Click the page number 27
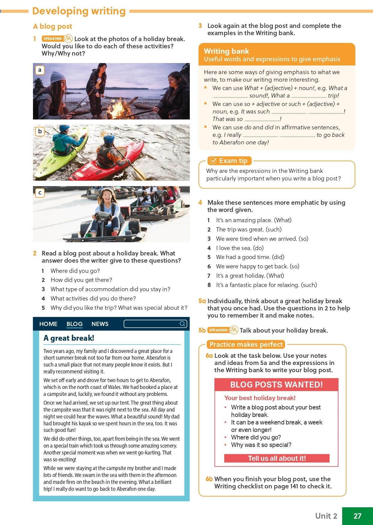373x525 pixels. pos(357,516)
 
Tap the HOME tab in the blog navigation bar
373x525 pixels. pos(48,324)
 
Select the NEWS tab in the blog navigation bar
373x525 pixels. pos(100,324)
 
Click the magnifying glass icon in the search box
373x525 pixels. pos(182,324)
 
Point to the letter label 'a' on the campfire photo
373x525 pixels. pos(40,70)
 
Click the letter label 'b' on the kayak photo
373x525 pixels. pos(40,131)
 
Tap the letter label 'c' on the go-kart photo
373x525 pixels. pos(40,193)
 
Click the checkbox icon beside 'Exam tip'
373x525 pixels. pos(213,161)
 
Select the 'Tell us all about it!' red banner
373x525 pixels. pos(276,458)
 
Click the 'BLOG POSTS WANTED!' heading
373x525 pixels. pos(276,385)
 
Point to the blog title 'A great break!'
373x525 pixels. pos(69,338)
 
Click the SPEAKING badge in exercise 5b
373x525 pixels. pos(218,330)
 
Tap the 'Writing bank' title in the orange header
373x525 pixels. pos(226,51)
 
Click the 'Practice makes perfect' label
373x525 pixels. pos(246,344)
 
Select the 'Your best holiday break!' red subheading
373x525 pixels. pos(260,398)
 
